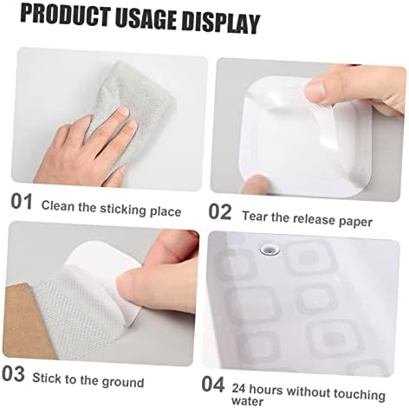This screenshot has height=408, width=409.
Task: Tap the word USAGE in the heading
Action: pos(146,20)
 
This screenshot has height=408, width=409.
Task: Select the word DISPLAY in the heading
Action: pos(220,23)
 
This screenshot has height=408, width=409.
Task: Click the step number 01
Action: pos(22,202)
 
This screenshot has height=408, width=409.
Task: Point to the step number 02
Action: pos(220,212)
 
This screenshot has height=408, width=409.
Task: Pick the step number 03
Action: pos(13,374)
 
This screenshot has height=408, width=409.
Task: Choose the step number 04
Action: pos(213,385)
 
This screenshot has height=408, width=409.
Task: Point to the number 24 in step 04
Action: pos(238,388)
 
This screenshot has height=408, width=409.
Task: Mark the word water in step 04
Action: pos(247,401)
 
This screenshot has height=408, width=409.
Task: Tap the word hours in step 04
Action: pos(266,390)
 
